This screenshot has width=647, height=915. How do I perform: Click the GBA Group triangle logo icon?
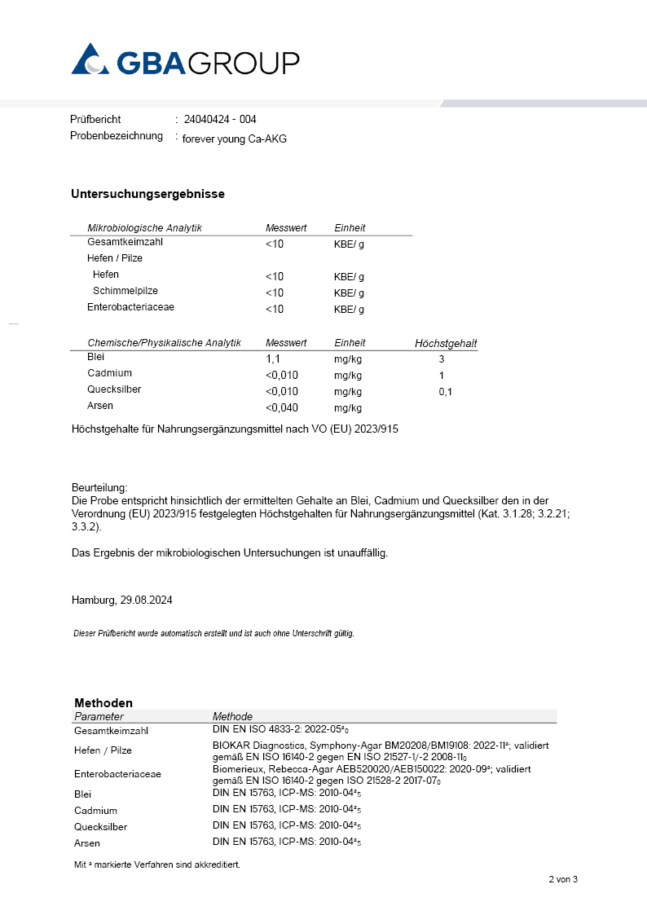90,59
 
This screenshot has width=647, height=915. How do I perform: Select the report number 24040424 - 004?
220,119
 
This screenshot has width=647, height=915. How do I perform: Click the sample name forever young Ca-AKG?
235,139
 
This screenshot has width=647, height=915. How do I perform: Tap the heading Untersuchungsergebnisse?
147,194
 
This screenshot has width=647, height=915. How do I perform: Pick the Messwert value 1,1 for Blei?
274,358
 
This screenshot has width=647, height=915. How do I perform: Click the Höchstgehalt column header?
446,344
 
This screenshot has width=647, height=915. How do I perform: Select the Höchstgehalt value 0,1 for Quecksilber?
445,392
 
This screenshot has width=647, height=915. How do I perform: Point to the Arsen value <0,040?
281,407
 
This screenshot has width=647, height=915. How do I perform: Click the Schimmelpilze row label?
125,291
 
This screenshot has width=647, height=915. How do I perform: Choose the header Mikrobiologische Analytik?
144,227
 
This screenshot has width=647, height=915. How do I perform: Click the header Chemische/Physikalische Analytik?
164,343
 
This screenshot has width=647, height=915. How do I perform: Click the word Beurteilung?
99,486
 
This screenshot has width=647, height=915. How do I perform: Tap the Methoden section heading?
103,702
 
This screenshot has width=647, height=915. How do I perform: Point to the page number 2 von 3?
562,879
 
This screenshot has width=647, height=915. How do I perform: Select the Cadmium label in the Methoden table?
95,810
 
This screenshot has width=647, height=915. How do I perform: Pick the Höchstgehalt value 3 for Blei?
442,359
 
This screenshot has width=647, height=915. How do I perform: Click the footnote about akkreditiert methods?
157,864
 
